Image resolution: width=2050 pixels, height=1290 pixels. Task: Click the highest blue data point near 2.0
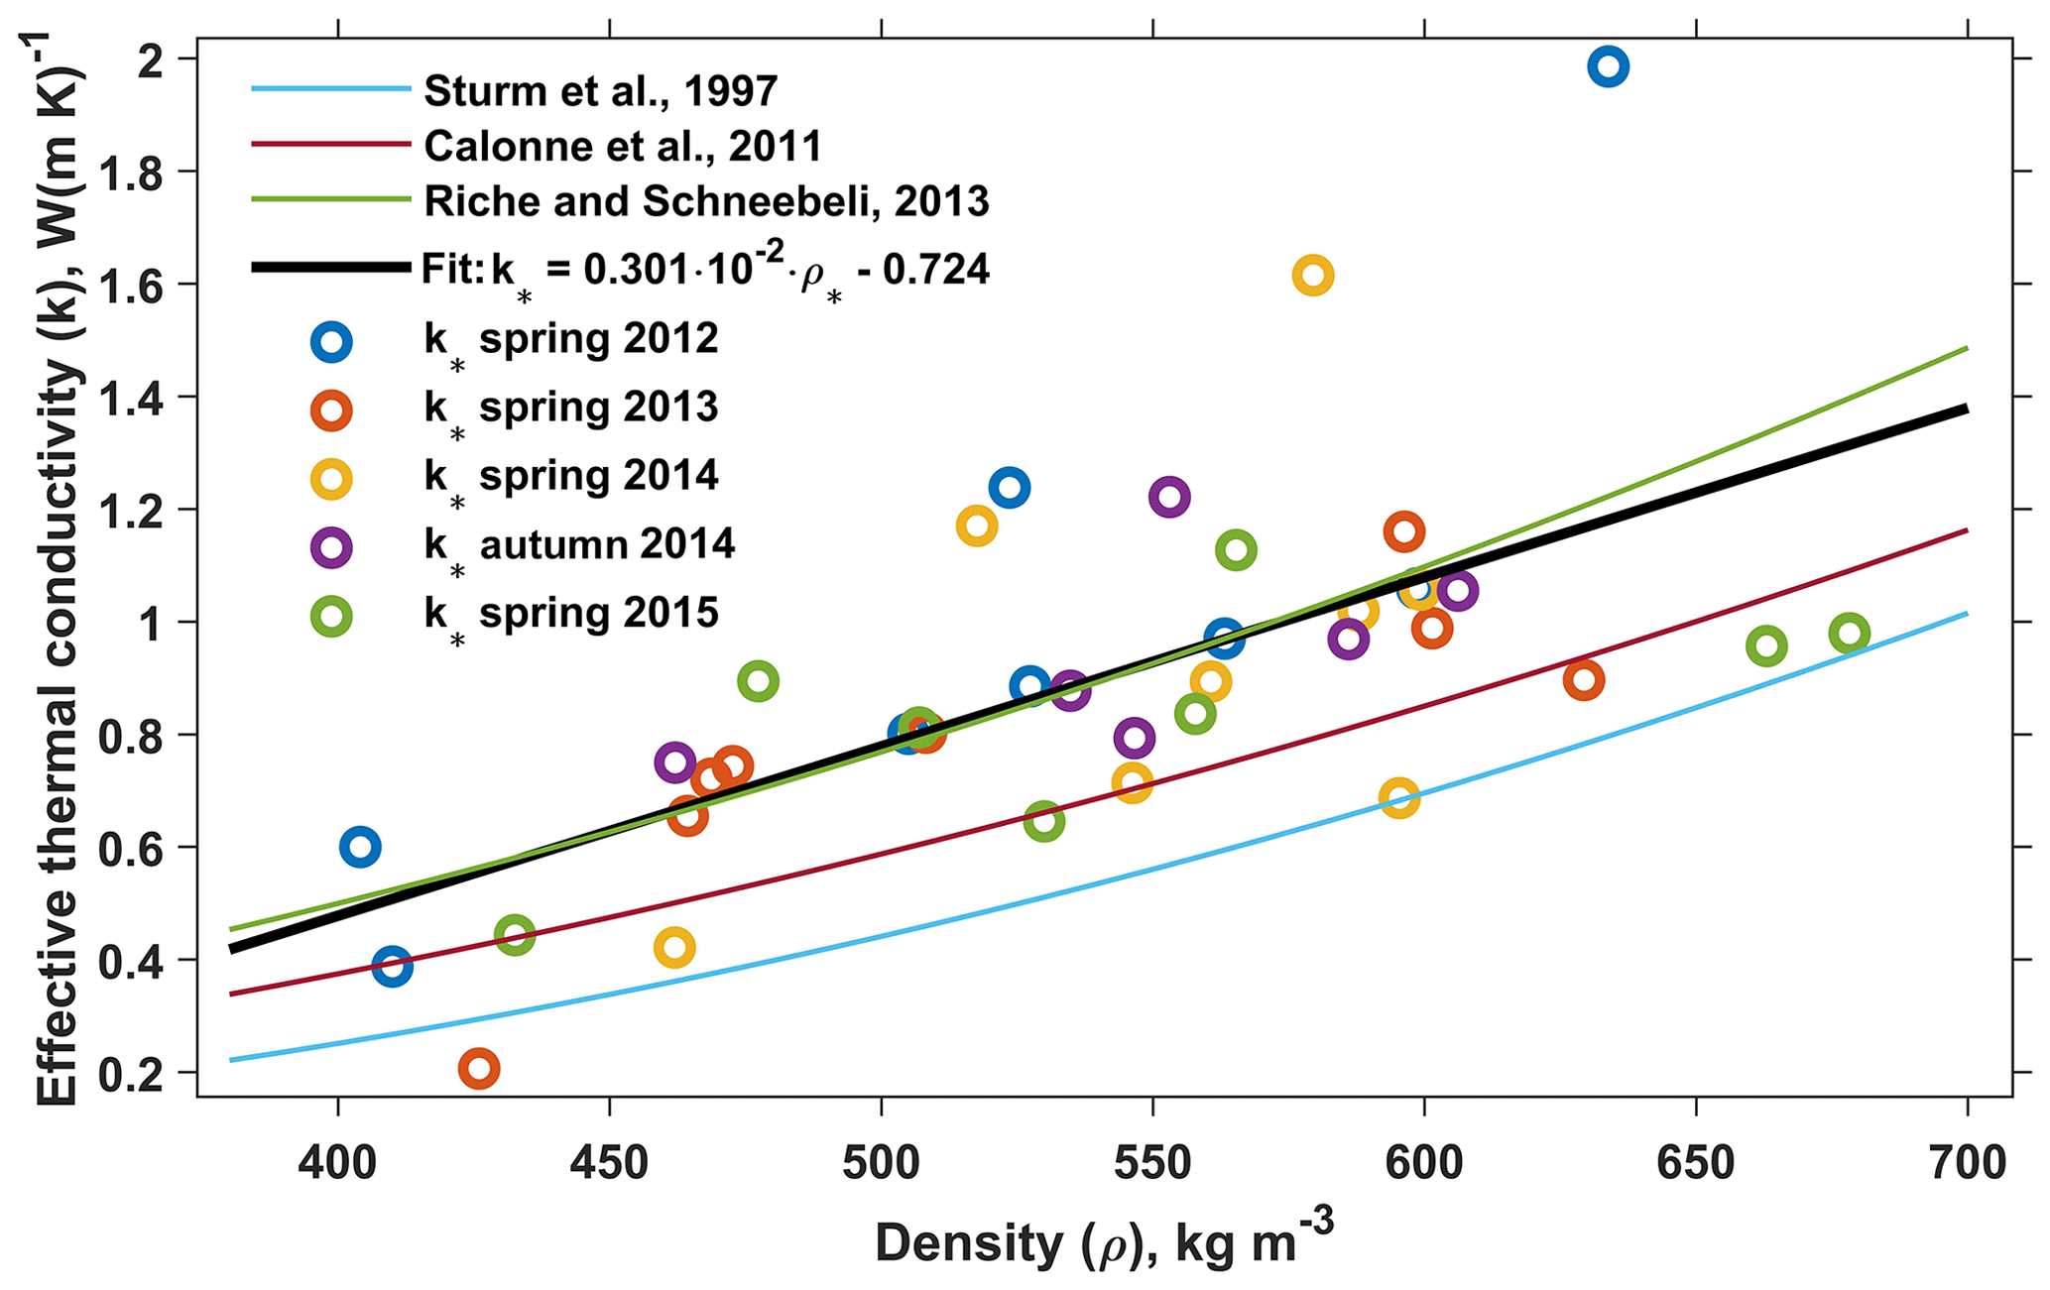pyautogui.click(x=1608, y=66)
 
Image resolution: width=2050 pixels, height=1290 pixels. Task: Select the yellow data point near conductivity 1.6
pyautogui.click(x=1312, y=275)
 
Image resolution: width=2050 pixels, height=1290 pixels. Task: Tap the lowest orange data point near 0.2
pyautogui.click(x=478, y=1068)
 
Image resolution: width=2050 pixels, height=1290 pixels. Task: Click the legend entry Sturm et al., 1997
pyautogui.click(x=600, y=90)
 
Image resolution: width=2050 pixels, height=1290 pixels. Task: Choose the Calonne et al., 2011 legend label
pyautogui.click(x=623, y=146)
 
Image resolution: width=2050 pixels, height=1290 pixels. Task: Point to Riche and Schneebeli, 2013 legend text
pyautogui.click(x=706, y=201)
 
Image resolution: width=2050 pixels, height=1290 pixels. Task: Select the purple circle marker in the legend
pyautogui.click(x=330, y=546)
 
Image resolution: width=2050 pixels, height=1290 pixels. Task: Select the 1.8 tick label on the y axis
pyautogui.click(x=146, y=172)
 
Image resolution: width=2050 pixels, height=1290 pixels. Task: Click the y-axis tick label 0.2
pyautogui.click(x=146, y=1073)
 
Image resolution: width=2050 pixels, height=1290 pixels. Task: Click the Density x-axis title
pyautogui.click(x=1103, y=1241)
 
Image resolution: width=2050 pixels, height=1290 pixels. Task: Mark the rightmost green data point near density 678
pyautogui.click(x=1849, y=633)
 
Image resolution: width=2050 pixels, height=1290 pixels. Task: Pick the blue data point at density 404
pyautogui.click(x=360, y=847)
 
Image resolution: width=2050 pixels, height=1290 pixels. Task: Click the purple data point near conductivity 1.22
pyautogui.click(x=1169, y=497)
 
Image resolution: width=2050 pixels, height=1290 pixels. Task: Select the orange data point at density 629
pyautogui.click(x=1583, y=680)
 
